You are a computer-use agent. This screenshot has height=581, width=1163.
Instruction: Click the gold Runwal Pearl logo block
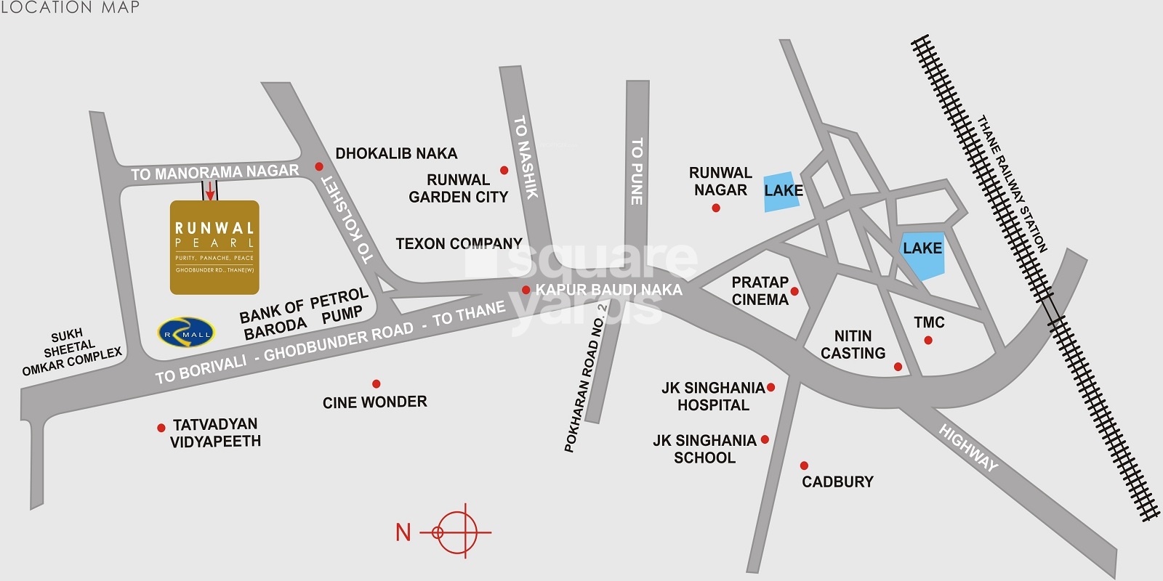tap(214, 247)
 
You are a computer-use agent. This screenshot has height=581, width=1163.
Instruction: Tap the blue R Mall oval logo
tap(186, 333)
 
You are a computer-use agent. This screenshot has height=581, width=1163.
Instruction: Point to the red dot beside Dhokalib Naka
tap(318, 166)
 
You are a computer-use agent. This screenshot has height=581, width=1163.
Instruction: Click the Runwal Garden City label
tap(458, 188)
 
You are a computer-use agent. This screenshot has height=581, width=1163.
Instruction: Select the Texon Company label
tap(459, 243)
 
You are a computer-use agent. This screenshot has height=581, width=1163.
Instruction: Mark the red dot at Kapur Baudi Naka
tap(526, 290)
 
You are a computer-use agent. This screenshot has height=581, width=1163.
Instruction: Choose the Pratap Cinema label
tap(760, 290)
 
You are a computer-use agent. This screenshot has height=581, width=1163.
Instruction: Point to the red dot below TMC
tap(928, 340)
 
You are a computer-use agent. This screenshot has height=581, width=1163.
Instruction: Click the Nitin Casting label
tap(853, 344)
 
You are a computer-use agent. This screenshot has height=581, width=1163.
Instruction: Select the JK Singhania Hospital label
tap(712, 397)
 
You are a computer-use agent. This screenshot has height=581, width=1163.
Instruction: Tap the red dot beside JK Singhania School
tap(765, 439)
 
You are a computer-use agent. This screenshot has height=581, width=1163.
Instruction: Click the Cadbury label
tap(837, 482)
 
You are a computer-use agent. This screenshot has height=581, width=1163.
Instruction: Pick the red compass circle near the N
tap(458, 532)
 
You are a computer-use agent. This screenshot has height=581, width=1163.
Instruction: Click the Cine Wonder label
tap(374, 402)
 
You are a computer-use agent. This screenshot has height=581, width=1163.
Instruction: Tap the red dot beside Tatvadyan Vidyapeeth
tap(161, 428)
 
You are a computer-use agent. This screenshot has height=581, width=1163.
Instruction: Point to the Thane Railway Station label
tap(1012, 184)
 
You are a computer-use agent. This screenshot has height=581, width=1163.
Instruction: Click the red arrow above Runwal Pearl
tap(210, 191)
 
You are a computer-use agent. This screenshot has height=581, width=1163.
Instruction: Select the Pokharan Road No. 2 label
tap(585, 378)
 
